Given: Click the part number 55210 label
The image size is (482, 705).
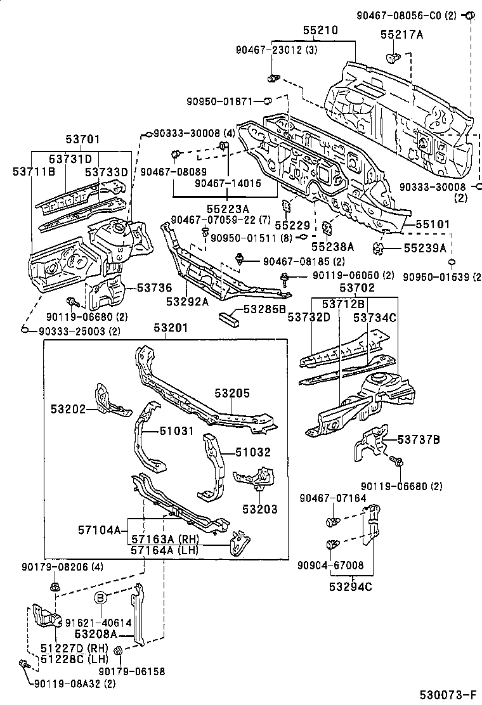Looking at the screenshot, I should [320, 30].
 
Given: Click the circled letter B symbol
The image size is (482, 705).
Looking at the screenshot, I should [100, 597].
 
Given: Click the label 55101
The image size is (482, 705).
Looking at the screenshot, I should [433, 224].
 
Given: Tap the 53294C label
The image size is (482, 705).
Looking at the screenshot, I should [351, 586].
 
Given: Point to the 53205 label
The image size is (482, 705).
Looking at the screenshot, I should [231, 394].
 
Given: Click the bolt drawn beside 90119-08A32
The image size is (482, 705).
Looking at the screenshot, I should [23, 664].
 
